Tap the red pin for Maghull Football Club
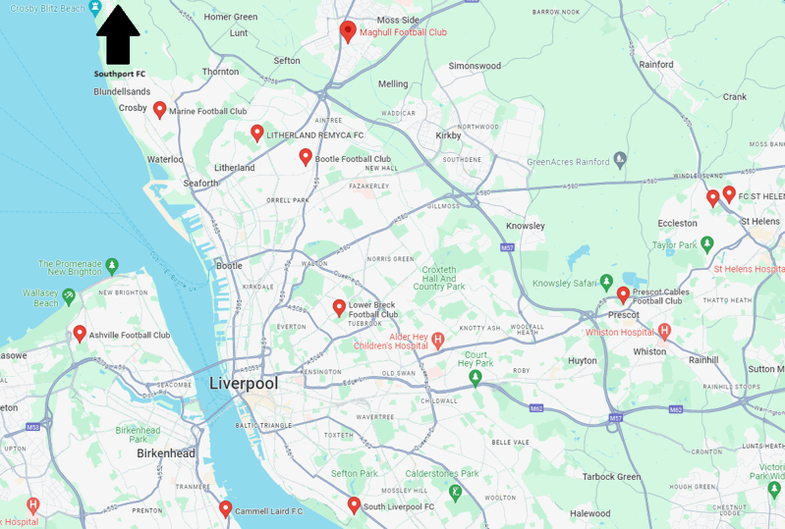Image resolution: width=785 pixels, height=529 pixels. point(347,30)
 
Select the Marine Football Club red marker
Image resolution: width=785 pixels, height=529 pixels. point(160,109)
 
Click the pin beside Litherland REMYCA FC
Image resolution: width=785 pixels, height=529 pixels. point(256,132)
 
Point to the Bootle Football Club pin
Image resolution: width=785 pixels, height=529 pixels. point(306,156)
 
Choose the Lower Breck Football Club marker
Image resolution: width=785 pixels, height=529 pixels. point(339,307)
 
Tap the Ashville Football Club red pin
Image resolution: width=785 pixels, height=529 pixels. point(80,333)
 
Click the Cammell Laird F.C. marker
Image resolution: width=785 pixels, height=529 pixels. point(225,508)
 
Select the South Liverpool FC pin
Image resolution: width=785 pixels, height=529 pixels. point(354,504)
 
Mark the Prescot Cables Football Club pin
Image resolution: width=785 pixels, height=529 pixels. point(623,293)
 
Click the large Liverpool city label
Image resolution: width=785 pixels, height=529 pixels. point(243,383)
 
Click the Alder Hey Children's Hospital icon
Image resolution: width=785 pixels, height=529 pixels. point(438,341)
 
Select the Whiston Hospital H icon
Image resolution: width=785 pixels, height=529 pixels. point(664,332)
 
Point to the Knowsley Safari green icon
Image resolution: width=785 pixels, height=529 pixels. point(607,283)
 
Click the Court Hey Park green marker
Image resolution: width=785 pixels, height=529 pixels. point(476,377)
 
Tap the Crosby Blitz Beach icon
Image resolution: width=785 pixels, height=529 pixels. point(95,8)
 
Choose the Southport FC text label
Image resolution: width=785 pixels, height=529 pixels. point(119,74)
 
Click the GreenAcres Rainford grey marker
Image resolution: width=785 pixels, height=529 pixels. point(620,159)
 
